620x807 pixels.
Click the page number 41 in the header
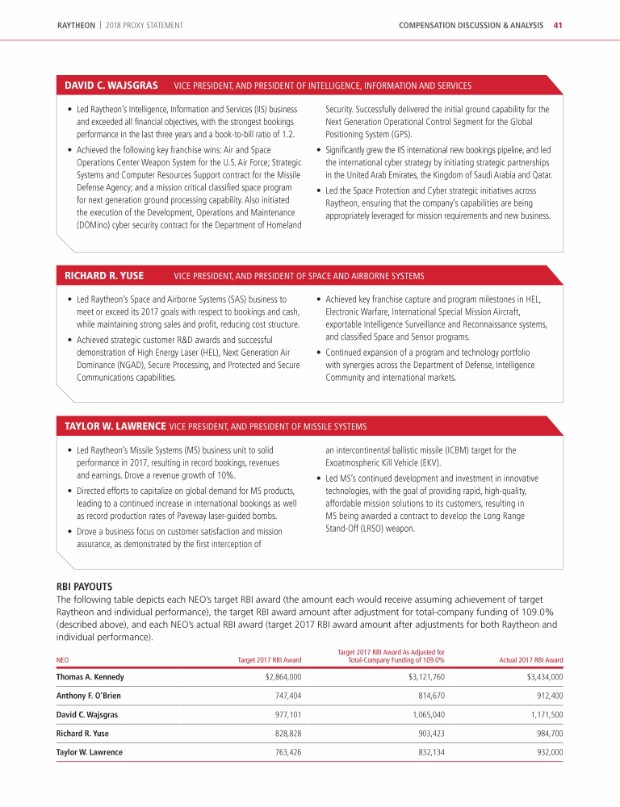click(558, 25)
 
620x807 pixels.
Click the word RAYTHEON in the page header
click(77, 25)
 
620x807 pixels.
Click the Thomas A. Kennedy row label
click(90, 677)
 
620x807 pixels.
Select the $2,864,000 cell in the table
click(283, 677)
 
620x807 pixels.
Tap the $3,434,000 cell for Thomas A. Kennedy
click(543, 677)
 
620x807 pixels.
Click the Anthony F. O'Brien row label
click(91, 696)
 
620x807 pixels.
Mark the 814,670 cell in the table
click(428, 696)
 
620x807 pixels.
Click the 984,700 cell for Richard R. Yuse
click(547, 734)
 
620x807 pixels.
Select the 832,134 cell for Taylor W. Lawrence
click(428, 752)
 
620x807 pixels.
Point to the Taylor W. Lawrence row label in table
click(90, 752)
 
